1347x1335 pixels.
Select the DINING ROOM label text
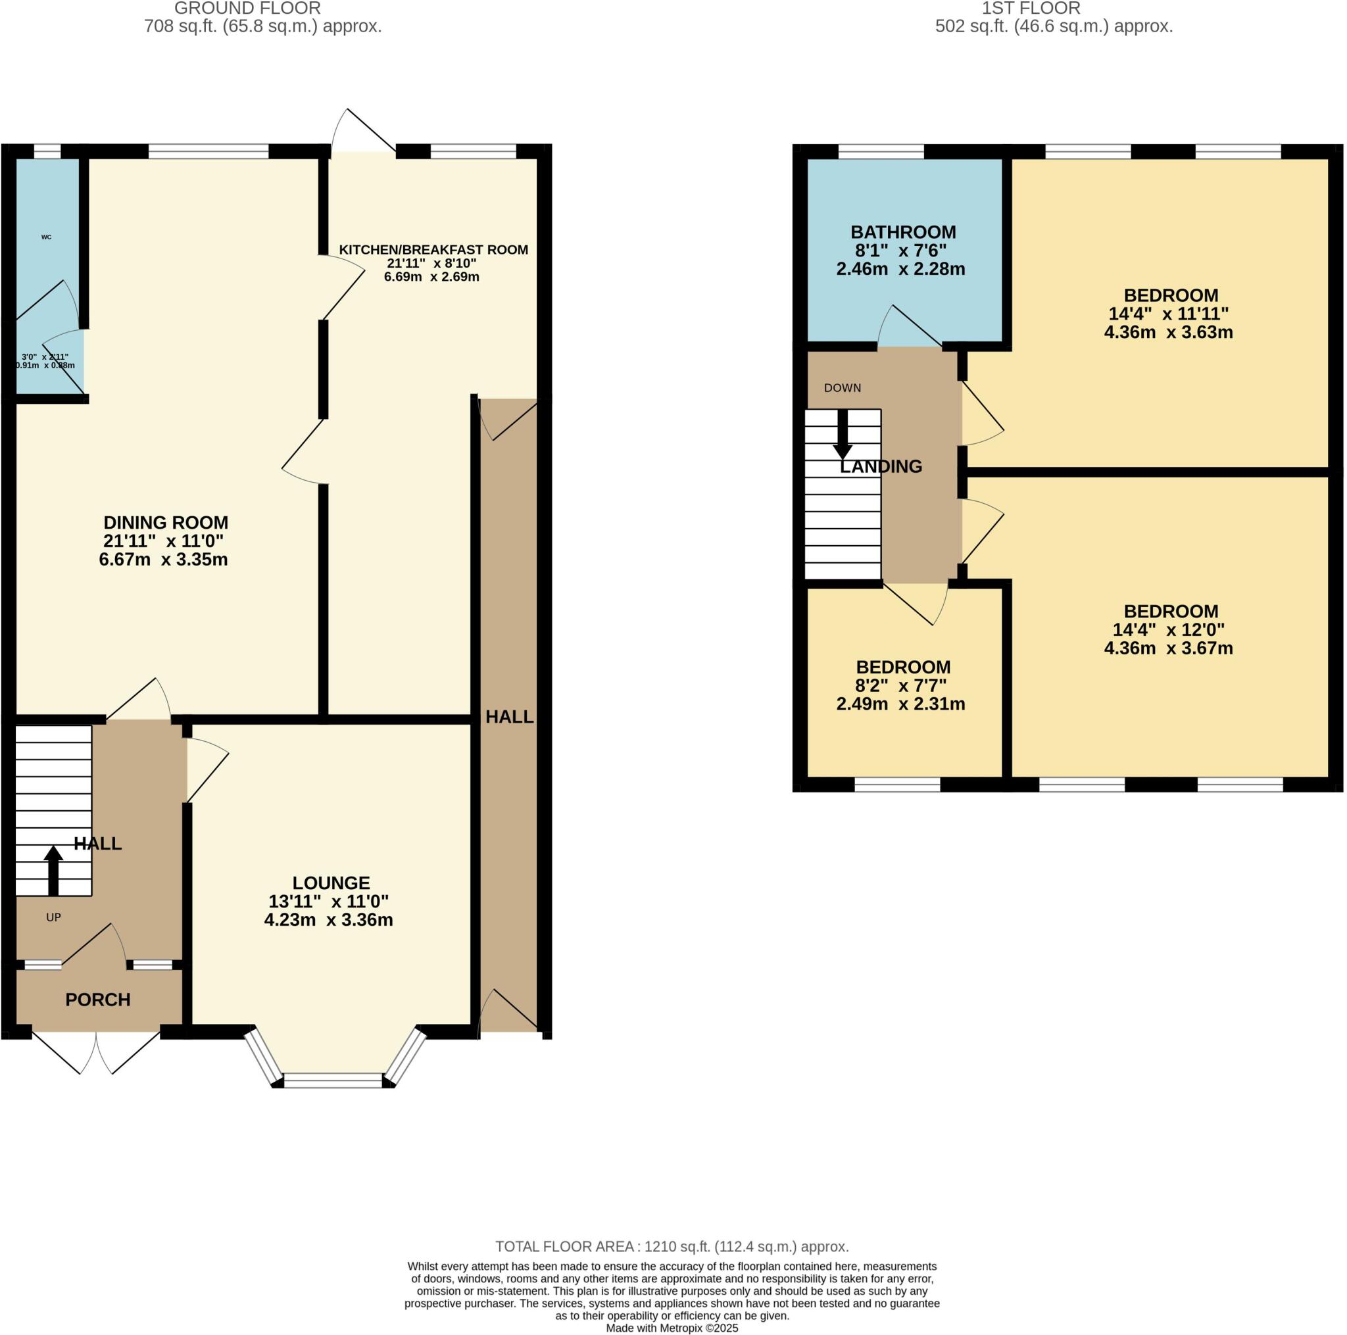(x=165, y=522)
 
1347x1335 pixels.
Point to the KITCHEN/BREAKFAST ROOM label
(x=433, y=249)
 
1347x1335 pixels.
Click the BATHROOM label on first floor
(x=903, y=232)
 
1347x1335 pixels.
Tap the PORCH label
(x=97, y=1000)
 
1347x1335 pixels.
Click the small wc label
(x=46, y=237)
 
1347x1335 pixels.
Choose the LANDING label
(x=881, y=466)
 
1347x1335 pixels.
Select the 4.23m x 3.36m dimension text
(x=328, y=919)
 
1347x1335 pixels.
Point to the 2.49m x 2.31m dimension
(x=901, y=704)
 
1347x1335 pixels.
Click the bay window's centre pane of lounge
(x=333, y=1081)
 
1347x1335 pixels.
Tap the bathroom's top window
(x=881, y=151)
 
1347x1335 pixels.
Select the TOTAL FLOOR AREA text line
(x=672, y=1246)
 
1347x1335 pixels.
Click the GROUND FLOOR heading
(x=247, y=9)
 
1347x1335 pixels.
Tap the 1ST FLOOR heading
(x=1031, y=9)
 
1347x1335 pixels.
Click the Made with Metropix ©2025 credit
(x=672, y=1328)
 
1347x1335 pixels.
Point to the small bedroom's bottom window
(x=897, y=785)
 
